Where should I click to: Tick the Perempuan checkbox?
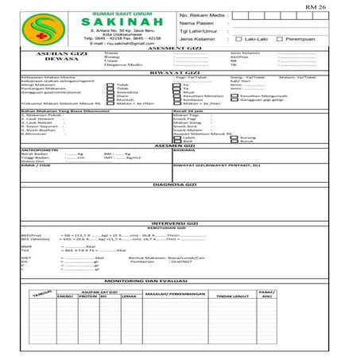(x=279, y=38)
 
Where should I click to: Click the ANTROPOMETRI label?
(x=40, y=149)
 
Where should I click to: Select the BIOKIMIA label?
(x=184, y=149)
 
